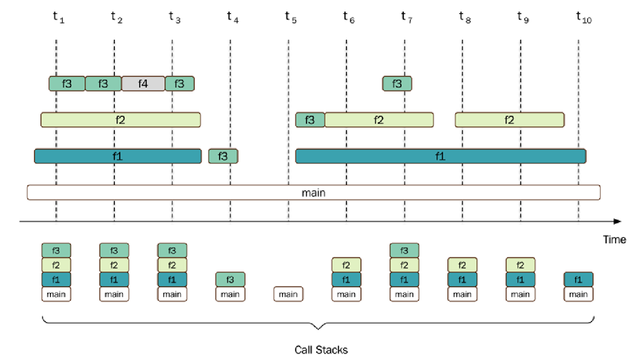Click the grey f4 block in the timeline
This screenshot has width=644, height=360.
pos(143,84)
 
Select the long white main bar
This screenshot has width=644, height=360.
pos(314,192)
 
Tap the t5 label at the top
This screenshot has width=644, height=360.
pos(291,17)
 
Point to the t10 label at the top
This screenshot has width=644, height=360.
pos(584,17)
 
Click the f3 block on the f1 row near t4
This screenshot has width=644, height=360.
pos(223,156)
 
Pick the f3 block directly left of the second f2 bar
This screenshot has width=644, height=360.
pos(310,120)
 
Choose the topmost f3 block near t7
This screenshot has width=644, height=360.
pos(397,84)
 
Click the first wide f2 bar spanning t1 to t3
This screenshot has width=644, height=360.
pos(120,120)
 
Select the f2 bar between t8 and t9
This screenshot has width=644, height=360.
pos(509,120)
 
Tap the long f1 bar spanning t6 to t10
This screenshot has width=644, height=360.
pos(440,156)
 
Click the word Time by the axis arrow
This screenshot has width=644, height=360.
pos(615,240)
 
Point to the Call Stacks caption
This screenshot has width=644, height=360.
pos(321,350)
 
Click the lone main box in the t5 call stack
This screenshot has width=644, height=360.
pos(288,294)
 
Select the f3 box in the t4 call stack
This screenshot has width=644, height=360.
pos(230,279)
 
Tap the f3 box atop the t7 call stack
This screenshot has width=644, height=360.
pos(404,250)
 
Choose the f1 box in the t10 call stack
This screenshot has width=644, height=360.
pos(578,279)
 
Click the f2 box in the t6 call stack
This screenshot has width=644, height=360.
pos(346,265)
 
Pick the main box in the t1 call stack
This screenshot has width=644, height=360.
pos(56,294)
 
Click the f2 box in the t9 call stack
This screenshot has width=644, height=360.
pos(520,265)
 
